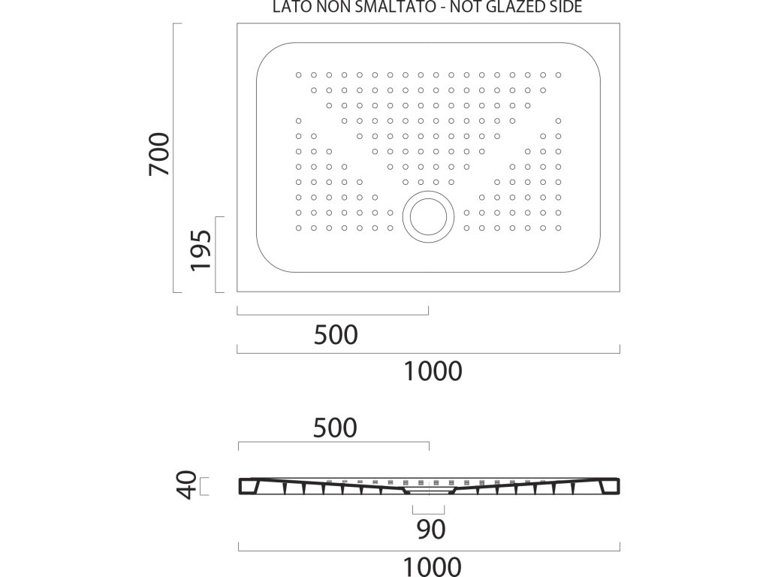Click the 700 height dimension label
point(158,154)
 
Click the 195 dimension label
point(198,250)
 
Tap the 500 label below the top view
point(335,334)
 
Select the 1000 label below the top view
point(433,370)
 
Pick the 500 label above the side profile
point(335,427)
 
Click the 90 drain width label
point(431,530)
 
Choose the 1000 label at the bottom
point(433,566)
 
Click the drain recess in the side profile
point(429,490)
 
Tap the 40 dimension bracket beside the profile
point(205,486)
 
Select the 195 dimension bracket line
point(216,254)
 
